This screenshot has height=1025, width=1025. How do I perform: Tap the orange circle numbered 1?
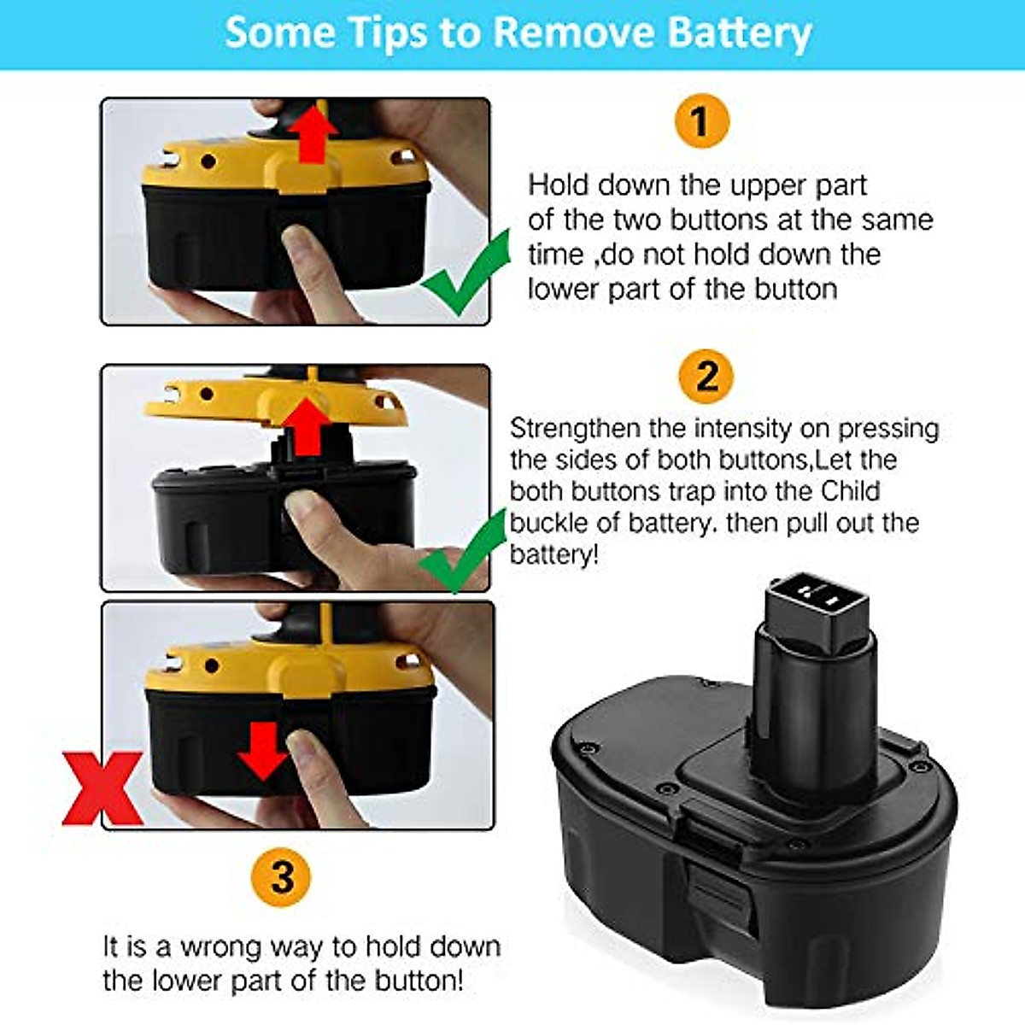[x=701, y=122]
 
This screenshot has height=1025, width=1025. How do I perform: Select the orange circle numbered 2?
[x=706, y=376]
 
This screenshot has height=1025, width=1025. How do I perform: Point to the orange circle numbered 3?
[x=282, y=877]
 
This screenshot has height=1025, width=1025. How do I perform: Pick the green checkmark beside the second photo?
[x=462, y=554]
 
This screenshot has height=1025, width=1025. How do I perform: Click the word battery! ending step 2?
[x=553, y=555]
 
